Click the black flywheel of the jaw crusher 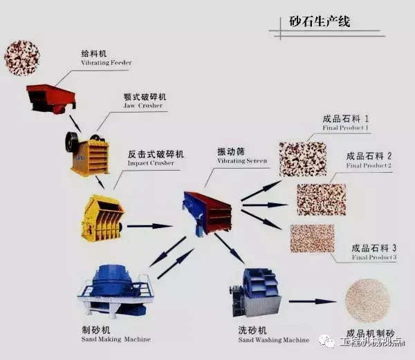point(72,142)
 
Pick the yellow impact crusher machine point(102,218)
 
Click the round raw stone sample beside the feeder point(21,57)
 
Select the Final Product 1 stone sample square point(302,159)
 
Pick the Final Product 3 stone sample point(312,238)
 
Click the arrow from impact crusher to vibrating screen point(149,225)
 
